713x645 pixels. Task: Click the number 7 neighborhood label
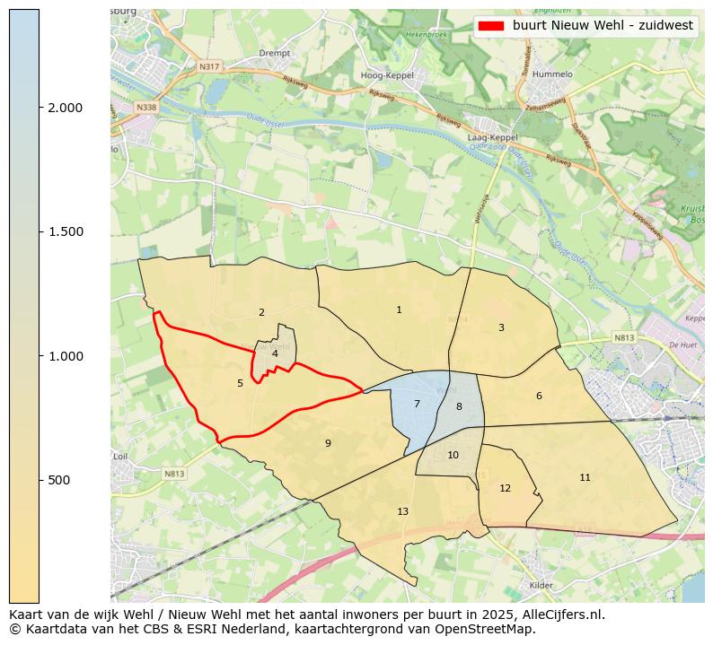tap(417, 404)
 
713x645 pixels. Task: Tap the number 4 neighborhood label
tap(275, 353)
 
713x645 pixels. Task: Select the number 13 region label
tap(402, 511)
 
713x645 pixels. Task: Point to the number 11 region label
tap(585, 477)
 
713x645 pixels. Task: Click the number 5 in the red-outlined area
tap(240, 383)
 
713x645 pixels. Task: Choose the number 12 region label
tap(505, 488)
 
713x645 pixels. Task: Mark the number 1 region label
tap(399, 309)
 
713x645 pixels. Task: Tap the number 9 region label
tap(328, 443)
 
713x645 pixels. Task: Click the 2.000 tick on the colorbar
tap(66, 108)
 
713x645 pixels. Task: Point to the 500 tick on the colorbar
tap(59, 480)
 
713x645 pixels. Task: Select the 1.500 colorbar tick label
tap(66, 231)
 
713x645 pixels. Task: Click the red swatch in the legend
tap(490, 26)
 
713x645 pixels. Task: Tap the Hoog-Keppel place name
tap(386, 75)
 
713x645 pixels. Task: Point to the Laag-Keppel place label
tap(493, 137)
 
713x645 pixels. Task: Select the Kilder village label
tap(541, 584)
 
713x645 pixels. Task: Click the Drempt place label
tap(273, 53)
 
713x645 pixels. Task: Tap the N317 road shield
tap(209, 65)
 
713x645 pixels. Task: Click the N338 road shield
tap(146, 107)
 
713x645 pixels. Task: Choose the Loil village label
tap(121, 456)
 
